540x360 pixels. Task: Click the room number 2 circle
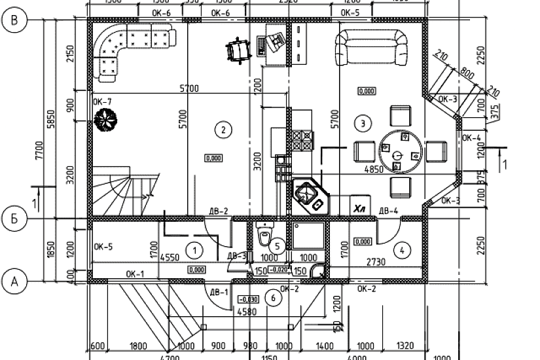[223, 130]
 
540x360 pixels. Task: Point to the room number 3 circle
[361, 122]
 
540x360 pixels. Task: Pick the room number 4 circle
[401, 249]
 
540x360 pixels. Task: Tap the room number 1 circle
[192, 249]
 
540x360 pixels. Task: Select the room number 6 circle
[275, 297]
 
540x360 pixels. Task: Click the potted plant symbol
[103, 120]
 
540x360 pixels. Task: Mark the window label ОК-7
[103, 102]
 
